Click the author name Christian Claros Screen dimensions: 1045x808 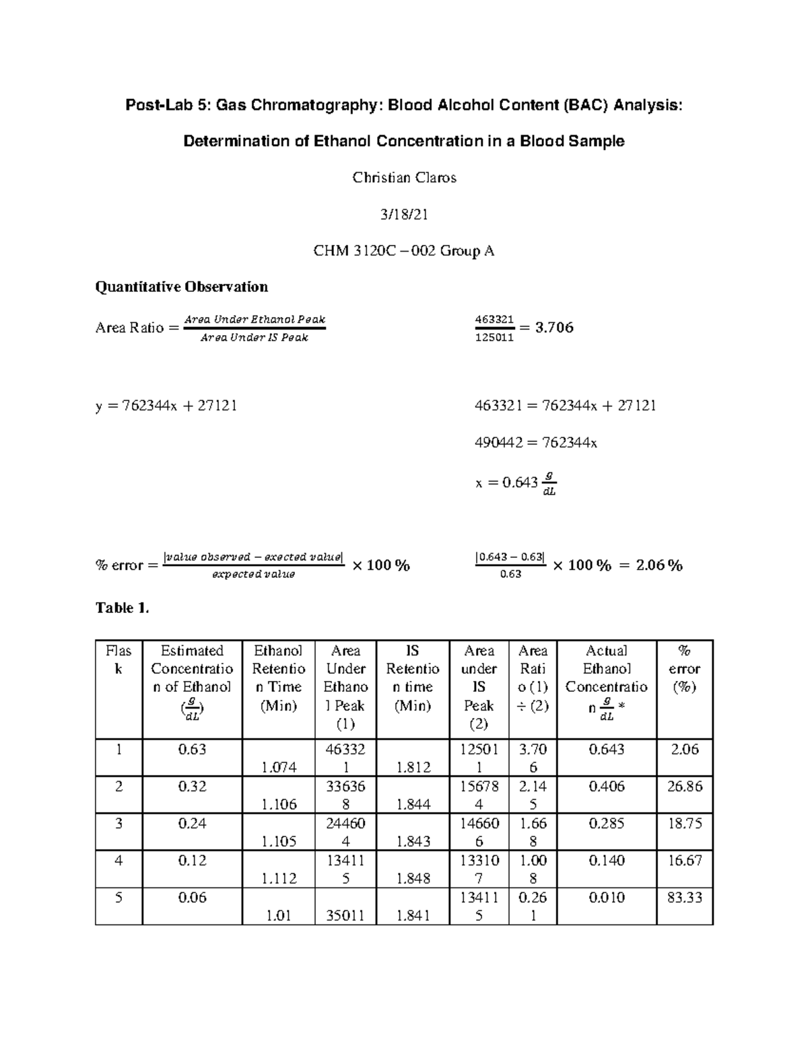[404, 178]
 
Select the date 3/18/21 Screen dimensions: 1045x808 [404, 215]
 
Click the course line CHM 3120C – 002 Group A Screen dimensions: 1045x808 [404, 251]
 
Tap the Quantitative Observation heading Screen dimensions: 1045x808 [182, 287]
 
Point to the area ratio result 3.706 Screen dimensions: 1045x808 [553, 328]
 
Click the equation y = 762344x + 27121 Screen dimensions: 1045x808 [166, 406]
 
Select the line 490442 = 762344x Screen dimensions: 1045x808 [536, 443]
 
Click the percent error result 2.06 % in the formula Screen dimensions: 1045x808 [659, 565]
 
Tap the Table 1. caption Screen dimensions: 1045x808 [122, 608]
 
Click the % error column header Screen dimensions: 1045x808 [684, 669]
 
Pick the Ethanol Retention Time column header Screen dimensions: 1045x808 [278, 678]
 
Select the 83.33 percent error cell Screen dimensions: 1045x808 [684, 898]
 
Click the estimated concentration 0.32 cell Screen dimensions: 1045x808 [192, 787]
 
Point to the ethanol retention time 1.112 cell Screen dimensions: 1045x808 [278, 878]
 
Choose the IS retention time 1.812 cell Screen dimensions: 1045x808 [413, 767]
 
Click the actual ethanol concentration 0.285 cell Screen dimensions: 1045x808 [606, 824]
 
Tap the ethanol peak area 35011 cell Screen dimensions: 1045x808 [345, 915]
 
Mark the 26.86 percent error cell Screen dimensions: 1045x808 [684, 787]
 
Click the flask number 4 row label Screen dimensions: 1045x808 [119, 861]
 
